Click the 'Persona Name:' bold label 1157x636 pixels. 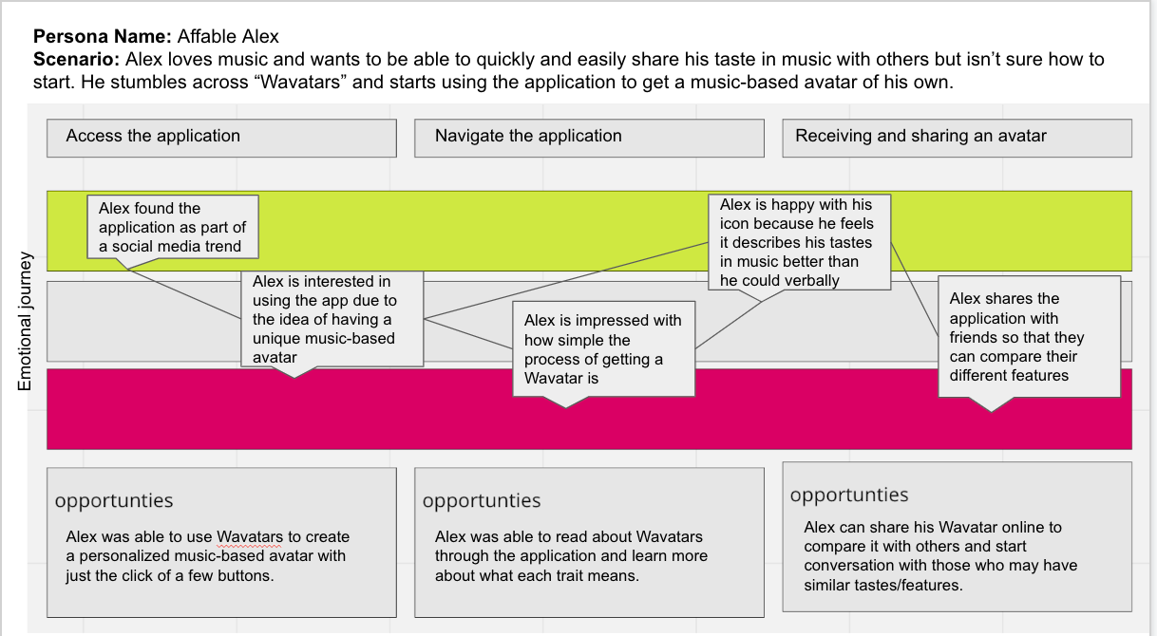coord(103,37)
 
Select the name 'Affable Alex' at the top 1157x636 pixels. coord(228,37)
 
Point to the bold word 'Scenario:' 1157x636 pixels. coord(76,60)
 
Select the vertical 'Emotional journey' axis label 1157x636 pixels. coord(25,321)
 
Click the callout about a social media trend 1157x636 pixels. coord(173,227)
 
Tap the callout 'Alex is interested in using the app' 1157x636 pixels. coord(332,319)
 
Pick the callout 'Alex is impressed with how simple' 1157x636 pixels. coord(604,349)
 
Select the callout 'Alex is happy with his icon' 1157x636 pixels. coord(800,242)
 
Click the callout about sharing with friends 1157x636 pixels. coord(1030,337)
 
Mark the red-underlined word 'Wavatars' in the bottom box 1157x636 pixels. coord(250,537)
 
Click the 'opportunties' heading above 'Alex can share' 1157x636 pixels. coord(849,496)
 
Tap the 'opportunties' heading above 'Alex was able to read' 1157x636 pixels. coord(482,501)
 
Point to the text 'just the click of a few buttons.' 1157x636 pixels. coord(169,575)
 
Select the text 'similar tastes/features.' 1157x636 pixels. coord(883,585)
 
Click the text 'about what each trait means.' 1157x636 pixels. coord(538,575)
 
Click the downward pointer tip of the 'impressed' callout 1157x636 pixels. coord(566,408)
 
